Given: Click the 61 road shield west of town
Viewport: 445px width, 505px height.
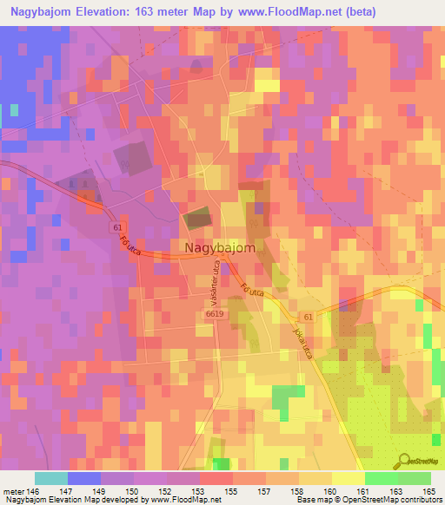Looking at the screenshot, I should (x=116, y=226).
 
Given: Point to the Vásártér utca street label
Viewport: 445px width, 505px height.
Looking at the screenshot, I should (x=212, y=286).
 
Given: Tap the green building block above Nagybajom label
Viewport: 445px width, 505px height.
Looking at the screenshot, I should (x=197, y=218).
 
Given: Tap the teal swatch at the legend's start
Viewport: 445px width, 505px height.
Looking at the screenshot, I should (x=50, y=478).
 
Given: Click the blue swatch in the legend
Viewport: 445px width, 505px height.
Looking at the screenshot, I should (x=83, y=478).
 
